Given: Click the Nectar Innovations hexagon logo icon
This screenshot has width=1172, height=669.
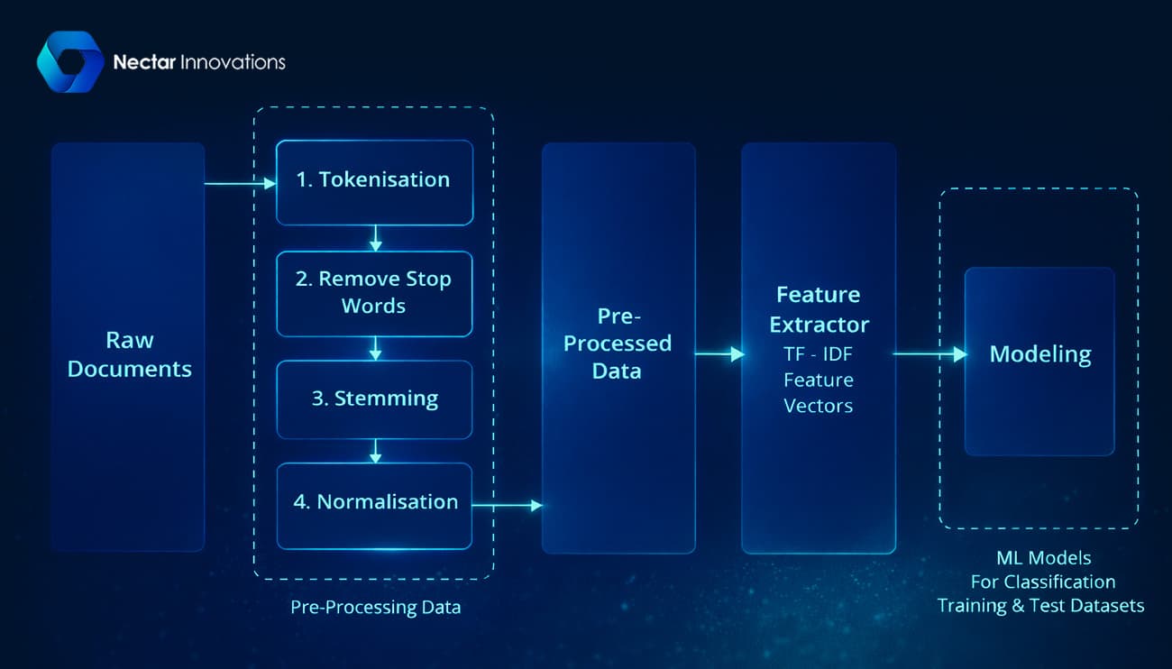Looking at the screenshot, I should click(70, 61).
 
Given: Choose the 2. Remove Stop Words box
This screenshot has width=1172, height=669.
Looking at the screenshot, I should click(374, 293).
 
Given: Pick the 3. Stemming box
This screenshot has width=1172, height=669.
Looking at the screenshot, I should click(374, 399).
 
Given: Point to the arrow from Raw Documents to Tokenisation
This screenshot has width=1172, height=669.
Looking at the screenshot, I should click(240, 184).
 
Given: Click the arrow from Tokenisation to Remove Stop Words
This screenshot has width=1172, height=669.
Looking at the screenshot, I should click(375, 238).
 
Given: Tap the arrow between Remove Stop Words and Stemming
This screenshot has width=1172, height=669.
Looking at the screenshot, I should click(375, 348).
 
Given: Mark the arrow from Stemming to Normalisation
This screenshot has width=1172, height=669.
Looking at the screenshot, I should click(375, 451).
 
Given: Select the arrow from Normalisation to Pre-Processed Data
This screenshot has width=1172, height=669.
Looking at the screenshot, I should click(507, 506).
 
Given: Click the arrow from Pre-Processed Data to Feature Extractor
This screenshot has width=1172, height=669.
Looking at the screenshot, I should click(719, 354).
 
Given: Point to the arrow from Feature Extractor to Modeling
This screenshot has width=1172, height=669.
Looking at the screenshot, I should click(929, 354).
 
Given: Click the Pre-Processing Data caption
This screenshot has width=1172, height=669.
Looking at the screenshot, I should click(375, 607).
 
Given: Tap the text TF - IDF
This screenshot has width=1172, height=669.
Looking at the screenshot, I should click(819, 354).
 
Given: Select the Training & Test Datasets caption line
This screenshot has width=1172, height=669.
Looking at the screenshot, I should click(1040, 605).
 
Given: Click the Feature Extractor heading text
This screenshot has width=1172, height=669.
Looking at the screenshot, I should click(819, 309).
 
